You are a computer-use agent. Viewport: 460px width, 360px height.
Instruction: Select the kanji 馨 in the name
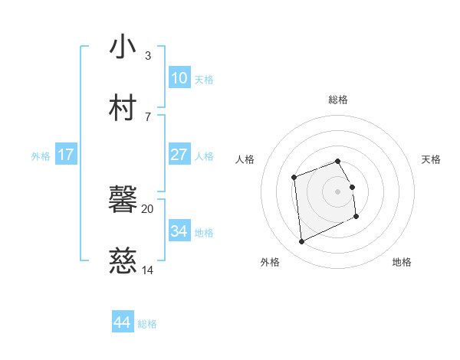tap(123, 201)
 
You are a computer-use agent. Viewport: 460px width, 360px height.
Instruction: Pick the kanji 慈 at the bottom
tap(123, 262)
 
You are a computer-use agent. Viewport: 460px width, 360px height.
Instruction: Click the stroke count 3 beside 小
tap(147, 56)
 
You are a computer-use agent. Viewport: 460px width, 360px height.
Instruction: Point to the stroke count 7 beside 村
tap(147, 116)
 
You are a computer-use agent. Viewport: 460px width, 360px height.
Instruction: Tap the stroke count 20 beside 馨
tap(148, 208)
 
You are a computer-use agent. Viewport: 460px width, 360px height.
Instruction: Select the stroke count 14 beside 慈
tap(148, 270)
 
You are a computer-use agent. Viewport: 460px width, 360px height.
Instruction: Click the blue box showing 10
tap(179, 78)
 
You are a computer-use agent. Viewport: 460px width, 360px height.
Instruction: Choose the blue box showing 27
tap(179, 155)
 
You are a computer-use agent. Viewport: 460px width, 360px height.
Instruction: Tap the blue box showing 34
tap(179, 231)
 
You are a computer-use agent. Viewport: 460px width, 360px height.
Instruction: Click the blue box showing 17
tap(66, 155)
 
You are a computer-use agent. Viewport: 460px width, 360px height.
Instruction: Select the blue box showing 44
tap(123, 322)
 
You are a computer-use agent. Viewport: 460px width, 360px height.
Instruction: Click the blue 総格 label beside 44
tap(147, 324)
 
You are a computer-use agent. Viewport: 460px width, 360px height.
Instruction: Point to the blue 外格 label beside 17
tap(41, 156)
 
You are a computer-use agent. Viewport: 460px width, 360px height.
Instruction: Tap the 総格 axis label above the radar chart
tap(338, 100)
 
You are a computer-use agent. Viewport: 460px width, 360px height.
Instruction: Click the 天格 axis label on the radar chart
tap(431, 159)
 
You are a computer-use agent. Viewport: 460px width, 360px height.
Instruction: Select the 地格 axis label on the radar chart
tap(402, 262)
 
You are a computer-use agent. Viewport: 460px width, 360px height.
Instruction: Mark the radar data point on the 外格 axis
tap(301, 242)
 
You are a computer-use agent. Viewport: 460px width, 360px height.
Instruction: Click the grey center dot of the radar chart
tap(338, 191)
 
